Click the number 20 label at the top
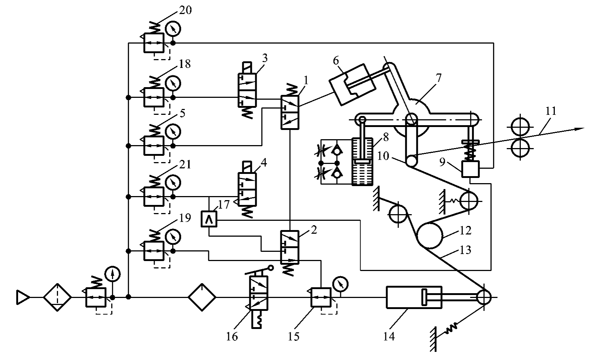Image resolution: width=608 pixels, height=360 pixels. [x=185, y=10]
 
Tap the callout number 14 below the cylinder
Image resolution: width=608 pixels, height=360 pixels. [x=389, y=337]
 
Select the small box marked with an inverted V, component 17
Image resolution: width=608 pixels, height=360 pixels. [x=209, y=219]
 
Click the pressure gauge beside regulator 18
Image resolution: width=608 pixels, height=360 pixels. [x=173, y=83]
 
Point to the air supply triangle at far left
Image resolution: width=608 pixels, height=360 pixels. [x=23, y=297]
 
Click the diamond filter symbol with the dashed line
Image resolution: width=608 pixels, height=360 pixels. [x=57, y=297]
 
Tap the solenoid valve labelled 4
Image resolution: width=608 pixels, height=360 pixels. [x=247, y=190]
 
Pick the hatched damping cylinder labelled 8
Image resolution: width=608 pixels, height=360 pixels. [x=362, y=162]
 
